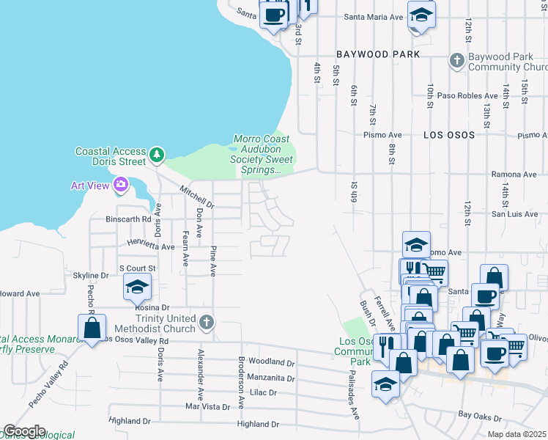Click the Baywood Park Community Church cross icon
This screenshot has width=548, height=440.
tap(457, 60)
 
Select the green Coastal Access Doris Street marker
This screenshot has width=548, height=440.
tap(156, 155)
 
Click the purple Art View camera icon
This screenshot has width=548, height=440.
tap(119, 185)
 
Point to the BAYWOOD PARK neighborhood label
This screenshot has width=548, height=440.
tap(378, 54)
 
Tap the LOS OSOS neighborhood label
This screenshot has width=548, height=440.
tap(448, 135)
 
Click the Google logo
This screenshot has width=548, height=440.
tap(24, 431)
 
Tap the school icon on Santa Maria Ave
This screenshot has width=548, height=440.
tap(421, 15)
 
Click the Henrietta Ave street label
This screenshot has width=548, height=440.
tap(150, 246)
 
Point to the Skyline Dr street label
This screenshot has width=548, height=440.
tap(91, 275)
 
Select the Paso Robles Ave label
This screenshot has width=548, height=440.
tap(467, 95)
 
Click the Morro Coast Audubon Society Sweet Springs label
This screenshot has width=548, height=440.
tap(262, 154)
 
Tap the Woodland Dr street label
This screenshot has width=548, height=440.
tap(271, 362)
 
